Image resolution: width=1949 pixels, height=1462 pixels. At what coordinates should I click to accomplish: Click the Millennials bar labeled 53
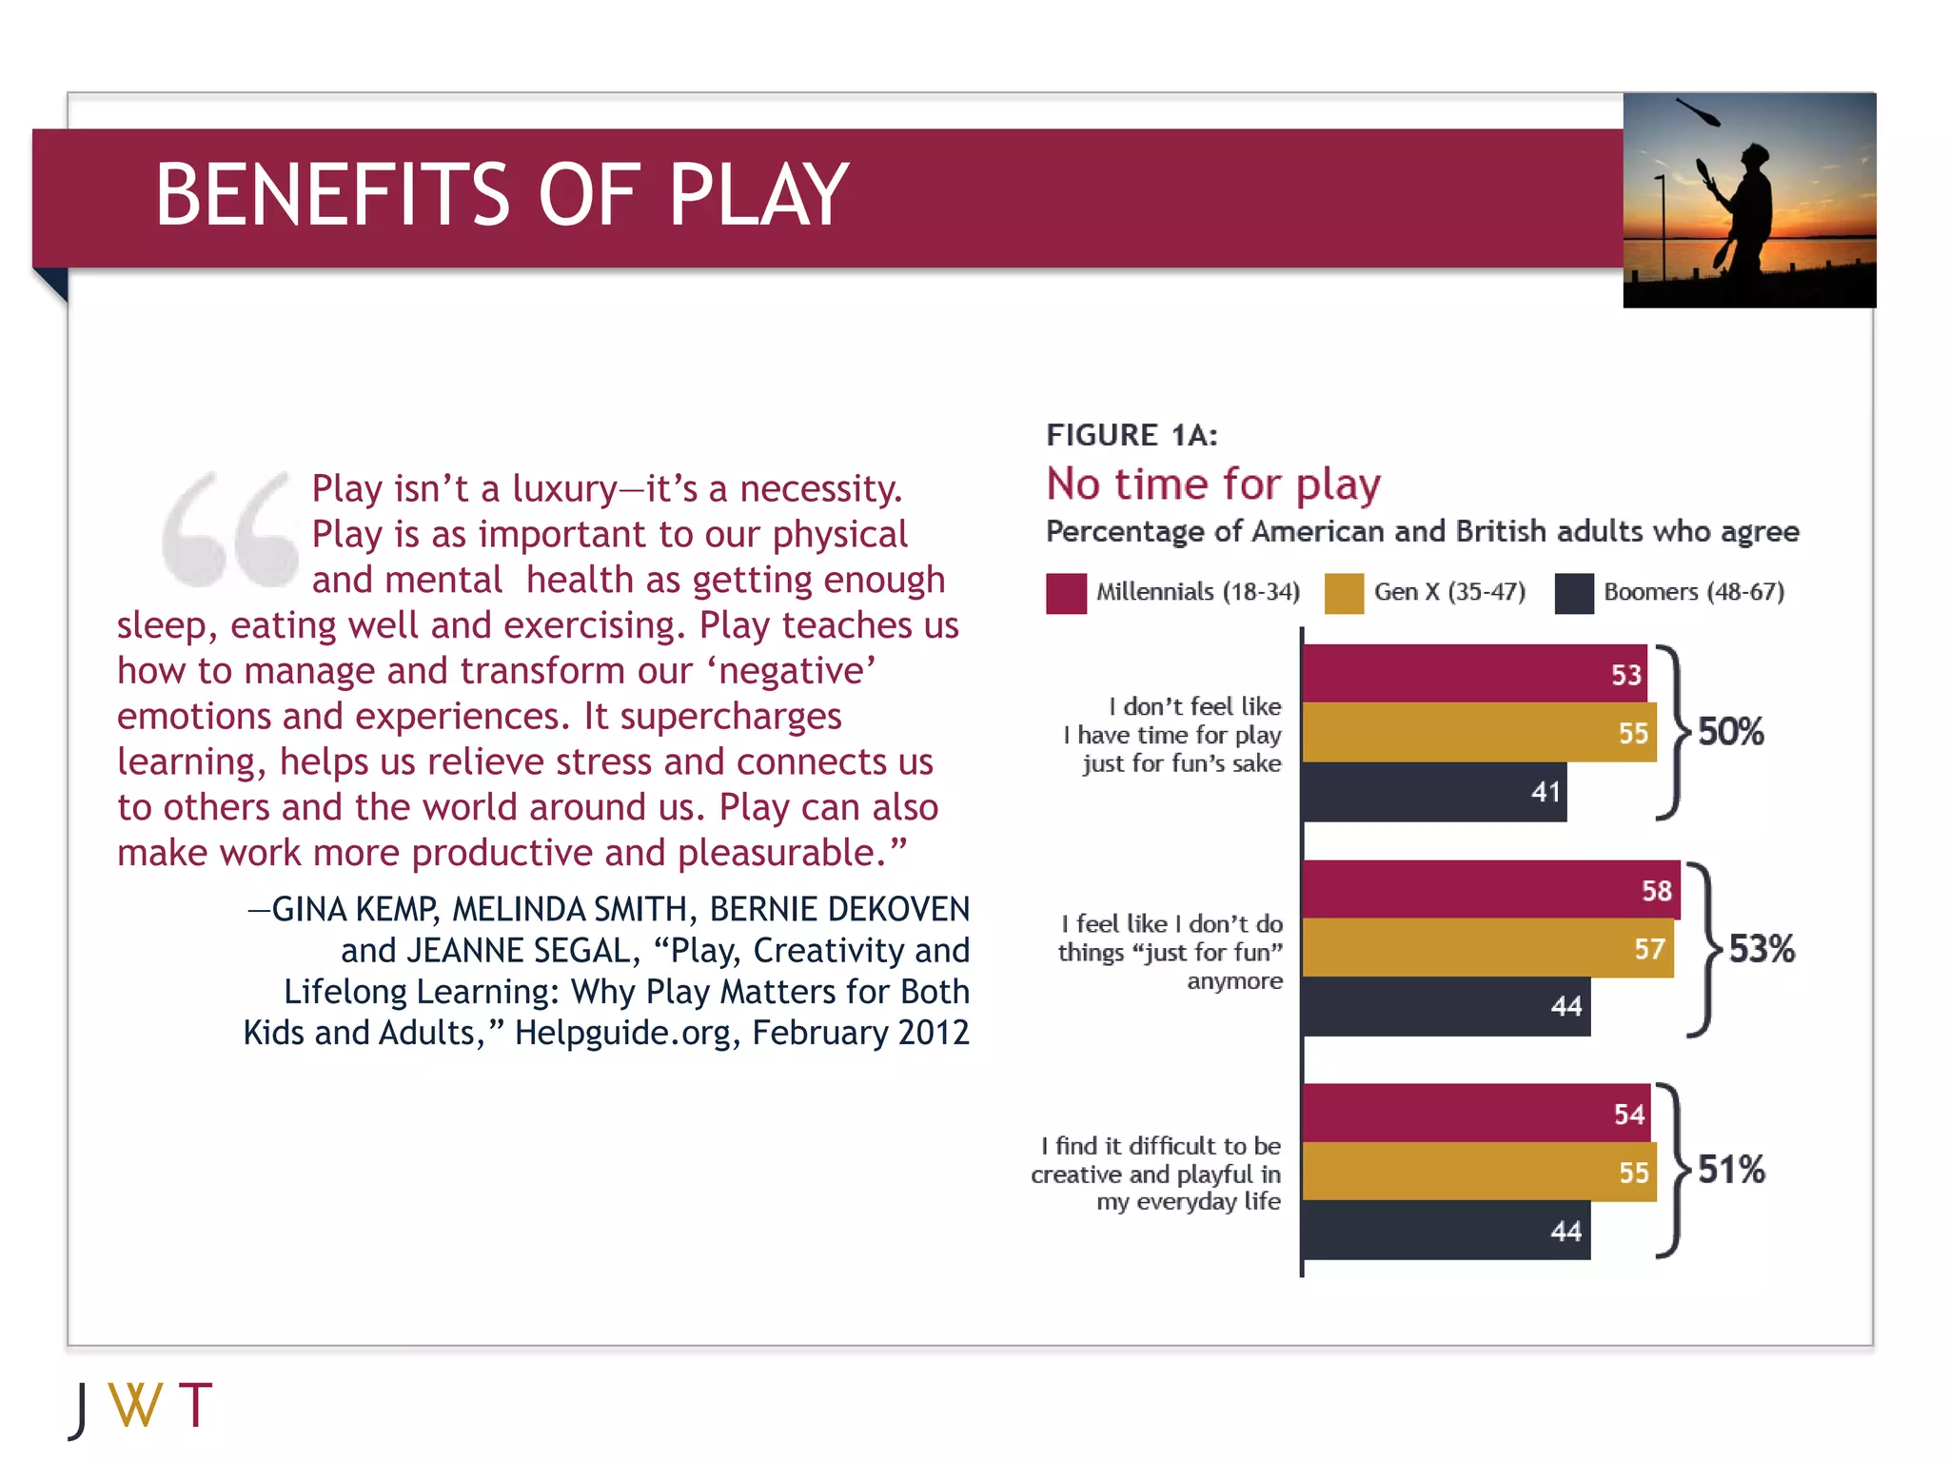point(1473,674)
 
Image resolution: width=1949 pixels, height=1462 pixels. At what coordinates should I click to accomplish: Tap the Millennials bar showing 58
point(1490,890)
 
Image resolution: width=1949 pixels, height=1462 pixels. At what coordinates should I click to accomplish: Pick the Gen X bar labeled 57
point(1486,948)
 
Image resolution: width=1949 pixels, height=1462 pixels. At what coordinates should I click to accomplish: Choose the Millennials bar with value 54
point(1475,1113)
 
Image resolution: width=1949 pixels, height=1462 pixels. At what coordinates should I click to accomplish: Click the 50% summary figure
point(1730,732)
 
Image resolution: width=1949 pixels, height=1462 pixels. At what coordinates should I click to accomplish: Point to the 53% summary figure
point(1761,948)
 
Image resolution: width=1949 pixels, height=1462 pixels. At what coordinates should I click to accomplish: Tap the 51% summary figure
point(1731,1170)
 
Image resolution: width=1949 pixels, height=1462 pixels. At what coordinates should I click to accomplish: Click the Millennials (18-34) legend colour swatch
point(1066,593)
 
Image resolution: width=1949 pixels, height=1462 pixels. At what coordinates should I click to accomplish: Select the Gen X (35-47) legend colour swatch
point(1344,593)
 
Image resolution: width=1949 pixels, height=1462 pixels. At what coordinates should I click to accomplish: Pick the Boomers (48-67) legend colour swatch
point(1574,593)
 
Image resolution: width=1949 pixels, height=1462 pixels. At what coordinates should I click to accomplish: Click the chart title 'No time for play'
point(1213,484)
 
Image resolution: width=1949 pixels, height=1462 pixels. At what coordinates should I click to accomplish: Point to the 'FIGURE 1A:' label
point(1132,435)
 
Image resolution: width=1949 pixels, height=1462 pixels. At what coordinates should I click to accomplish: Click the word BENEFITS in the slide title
point(333,195)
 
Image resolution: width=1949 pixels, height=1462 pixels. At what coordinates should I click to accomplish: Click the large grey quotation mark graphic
point(229,529)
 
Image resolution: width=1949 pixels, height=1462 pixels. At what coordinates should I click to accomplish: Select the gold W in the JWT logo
point(135,1405)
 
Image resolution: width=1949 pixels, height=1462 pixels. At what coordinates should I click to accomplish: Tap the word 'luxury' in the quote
point(564,489)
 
